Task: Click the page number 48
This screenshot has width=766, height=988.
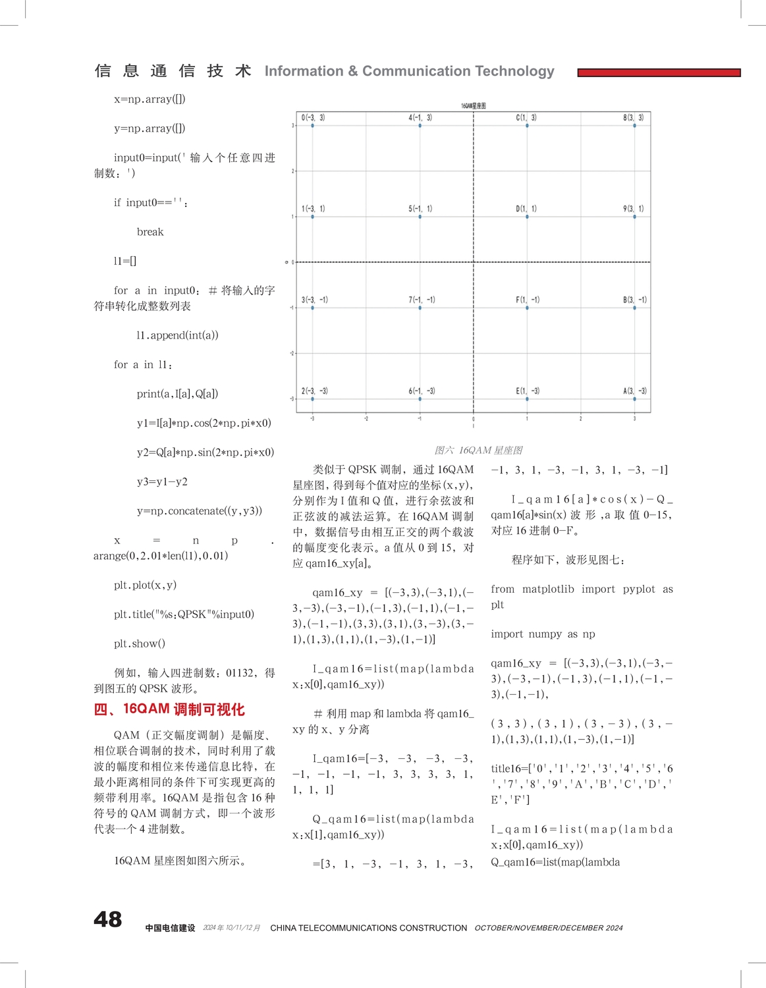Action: tap(107, 919)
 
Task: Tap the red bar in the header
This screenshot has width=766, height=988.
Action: tap(659, 72)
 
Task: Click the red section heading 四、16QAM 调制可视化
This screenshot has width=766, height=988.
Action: tap(169, 709)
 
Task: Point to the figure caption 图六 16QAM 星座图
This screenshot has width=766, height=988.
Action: tap(478, 451)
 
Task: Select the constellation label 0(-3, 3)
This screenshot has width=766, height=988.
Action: tap(313, 118)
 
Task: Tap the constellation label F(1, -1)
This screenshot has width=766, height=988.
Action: tap(528, 300)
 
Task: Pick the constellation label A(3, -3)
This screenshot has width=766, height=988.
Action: tap(635, 391)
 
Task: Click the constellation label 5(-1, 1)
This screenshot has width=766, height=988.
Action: tap(420, 209)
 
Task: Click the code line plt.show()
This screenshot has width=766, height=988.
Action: tap(140, 644)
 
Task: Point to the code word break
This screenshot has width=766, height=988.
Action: tap(150, 232)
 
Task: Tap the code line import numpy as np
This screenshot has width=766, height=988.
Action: tap(543, 634)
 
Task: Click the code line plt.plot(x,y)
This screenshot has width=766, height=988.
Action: tap(145, 585)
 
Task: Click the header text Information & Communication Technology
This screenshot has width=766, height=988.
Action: tap(409, 71)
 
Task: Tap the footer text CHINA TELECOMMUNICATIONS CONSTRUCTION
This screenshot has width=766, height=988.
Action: tap(368, 928)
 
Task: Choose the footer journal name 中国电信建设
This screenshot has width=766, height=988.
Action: tap(170, 928)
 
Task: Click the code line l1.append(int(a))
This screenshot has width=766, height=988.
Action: tap(177, 335)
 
